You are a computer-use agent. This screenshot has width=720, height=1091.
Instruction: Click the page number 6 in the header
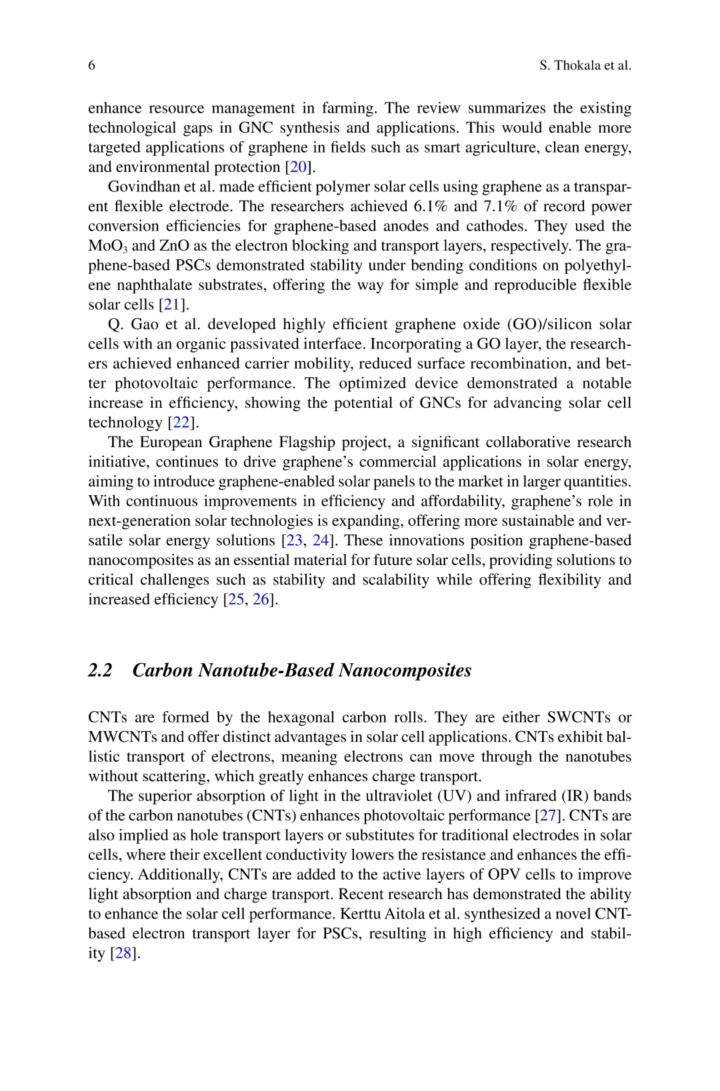click(x=92, y=65)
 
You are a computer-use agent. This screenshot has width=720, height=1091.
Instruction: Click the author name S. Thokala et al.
click(x=585, y=65)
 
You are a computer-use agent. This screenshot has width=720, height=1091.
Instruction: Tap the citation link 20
click(x=297, y=167)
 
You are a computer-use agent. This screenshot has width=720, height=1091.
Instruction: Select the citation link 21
click(x=172, y=305)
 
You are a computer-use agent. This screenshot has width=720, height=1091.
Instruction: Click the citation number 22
click(x=181, y=423)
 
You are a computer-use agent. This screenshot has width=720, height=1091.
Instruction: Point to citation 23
click(x=294, y=541)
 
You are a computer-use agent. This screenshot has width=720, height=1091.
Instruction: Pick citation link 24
click(x=321, y=541)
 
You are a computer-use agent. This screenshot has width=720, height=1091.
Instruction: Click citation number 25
click(x=235, y=600)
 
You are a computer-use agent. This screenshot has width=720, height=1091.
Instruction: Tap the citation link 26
click(x=261, y=600)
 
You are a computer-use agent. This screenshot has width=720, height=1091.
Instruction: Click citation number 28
click(x=123, y=954)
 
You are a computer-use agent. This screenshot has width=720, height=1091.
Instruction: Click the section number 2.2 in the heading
click(x=100, y=670)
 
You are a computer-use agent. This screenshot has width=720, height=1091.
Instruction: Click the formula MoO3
click(x=107, y=246)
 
